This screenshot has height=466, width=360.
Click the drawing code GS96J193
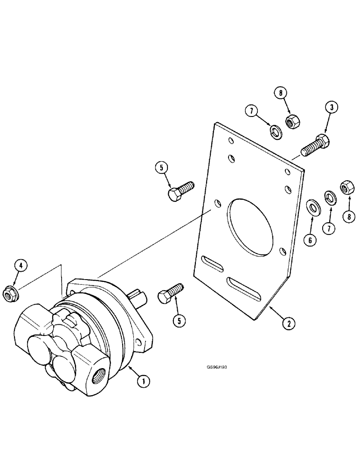point(217,366)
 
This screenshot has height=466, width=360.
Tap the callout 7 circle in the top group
point(252,112)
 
